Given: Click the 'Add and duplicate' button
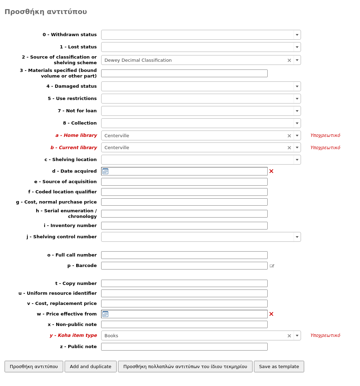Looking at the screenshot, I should tap(91, 366).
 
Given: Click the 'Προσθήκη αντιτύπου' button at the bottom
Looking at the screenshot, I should tap(34, 366).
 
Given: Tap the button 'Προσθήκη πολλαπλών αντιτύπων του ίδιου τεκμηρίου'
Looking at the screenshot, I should tap(185, 366).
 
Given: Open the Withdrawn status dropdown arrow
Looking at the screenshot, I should tap(297, 35).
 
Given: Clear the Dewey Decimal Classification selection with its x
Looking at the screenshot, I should tap(289, 60).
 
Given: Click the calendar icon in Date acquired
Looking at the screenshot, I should tap(105, 171).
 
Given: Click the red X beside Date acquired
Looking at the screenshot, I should tap(271, 171).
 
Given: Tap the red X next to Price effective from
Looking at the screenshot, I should tap(271, 314).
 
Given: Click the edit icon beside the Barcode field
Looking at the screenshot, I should tap(272, 266).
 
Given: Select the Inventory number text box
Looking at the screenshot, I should tap(184, 226).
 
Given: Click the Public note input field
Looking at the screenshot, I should tap(184, 347).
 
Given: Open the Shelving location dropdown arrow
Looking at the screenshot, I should tap(297, 160).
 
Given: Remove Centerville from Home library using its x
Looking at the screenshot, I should tap(289, 136).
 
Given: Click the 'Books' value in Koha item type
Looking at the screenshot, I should tap(111, 335).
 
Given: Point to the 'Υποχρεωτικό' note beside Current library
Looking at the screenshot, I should tap(325, 148).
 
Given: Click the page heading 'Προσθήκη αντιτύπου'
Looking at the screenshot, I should tap(46, 12).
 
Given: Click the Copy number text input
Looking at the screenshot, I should tap(184, 283).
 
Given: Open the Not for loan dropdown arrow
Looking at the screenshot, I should tap(297, 111).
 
